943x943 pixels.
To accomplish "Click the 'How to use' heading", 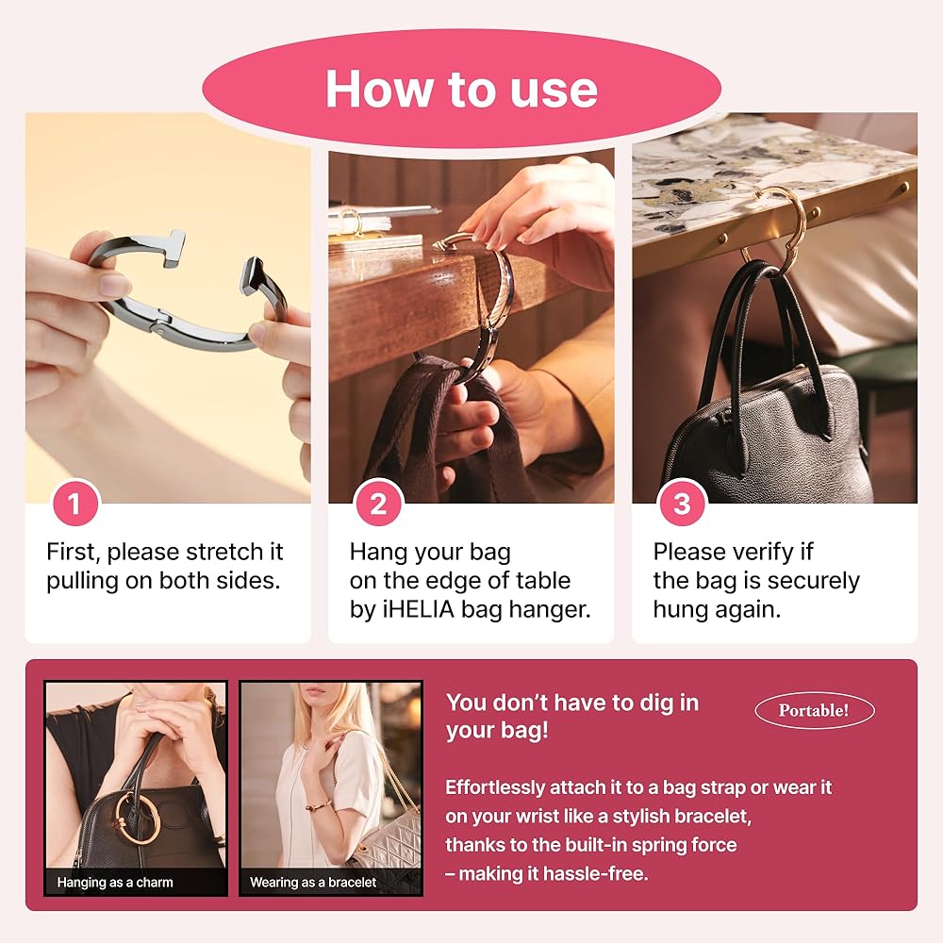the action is (x=461, y=89).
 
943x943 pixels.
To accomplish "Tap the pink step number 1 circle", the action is (x=75, y=503).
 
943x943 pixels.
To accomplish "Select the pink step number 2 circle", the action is (x=378, y=503).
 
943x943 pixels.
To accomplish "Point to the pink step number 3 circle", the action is (x=682, y=503).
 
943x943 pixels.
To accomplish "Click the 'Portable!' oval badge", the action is (x=815, y=711).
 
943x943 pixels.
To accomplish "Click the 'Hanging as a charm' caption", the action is (x=115, y=883).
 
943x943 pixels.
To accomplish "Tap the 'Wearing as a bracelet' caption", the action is (x=313, y=883).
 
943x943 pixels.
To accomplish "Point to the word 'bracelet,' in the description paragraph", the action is (x=713, y=816).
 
